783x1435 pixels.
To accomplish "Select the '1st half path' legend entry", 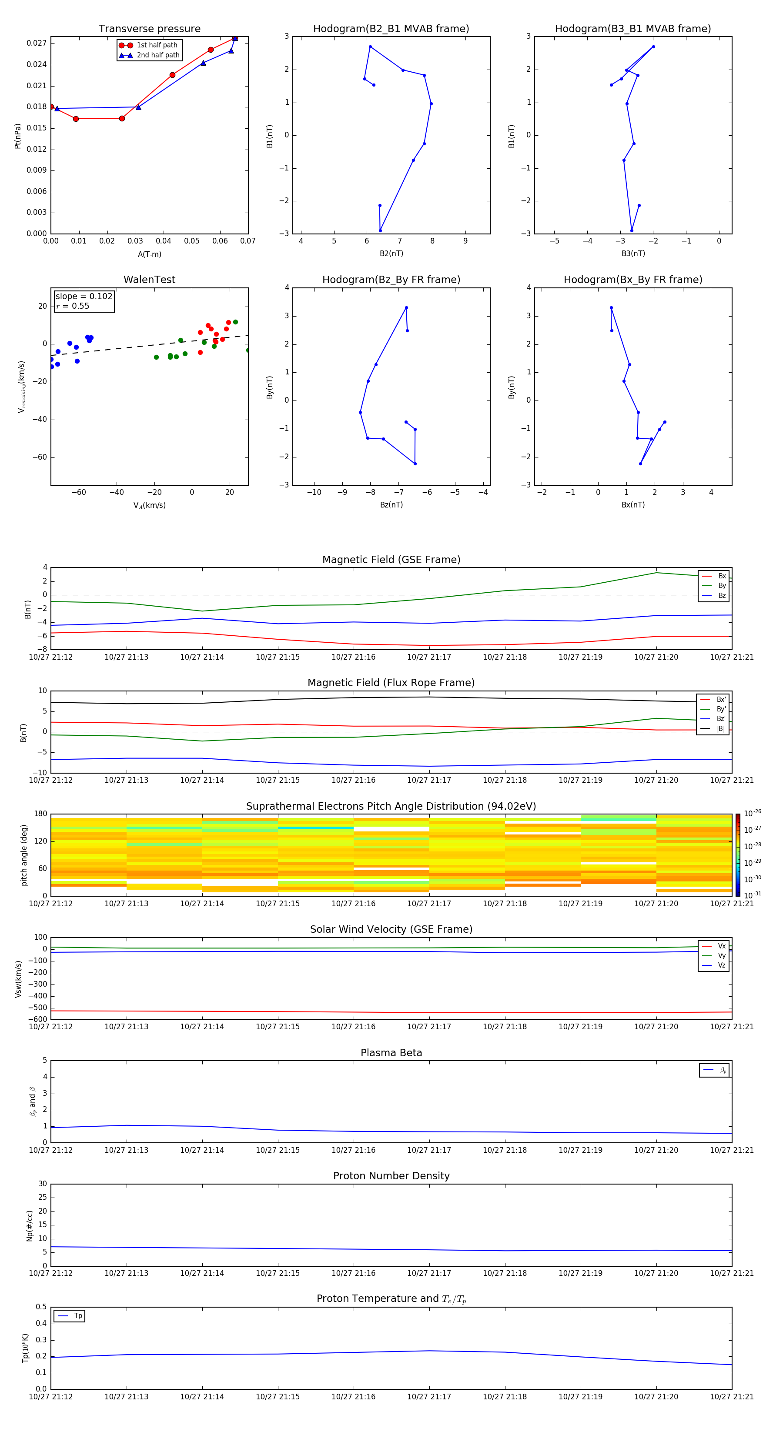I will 157,45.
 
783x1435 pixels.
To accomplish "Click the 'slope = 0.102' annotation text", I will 84,297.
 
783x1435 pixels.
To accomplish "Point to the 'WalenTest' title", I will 149,280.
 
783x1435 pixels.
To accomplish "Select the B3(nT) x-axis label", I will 633,254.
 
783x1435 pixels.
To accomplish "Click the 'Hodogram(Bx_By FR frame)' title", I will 632,280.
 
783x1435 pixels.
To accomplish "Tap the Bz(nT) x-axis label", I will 391,505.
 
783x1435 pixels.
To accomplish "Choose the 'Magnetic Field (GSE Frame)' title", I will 391,560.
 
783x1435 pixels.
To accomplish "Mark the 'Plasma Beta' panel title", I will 391,1053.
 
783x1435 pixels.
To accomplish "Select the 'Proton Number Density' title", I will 391,1176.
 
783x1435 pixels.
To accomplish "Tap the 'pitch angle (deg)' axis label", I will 24,854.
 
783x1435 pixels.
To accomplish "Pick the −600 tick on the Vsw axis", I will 37,1019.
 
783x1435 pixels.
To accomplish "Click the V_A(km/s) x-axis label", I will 149,505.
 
